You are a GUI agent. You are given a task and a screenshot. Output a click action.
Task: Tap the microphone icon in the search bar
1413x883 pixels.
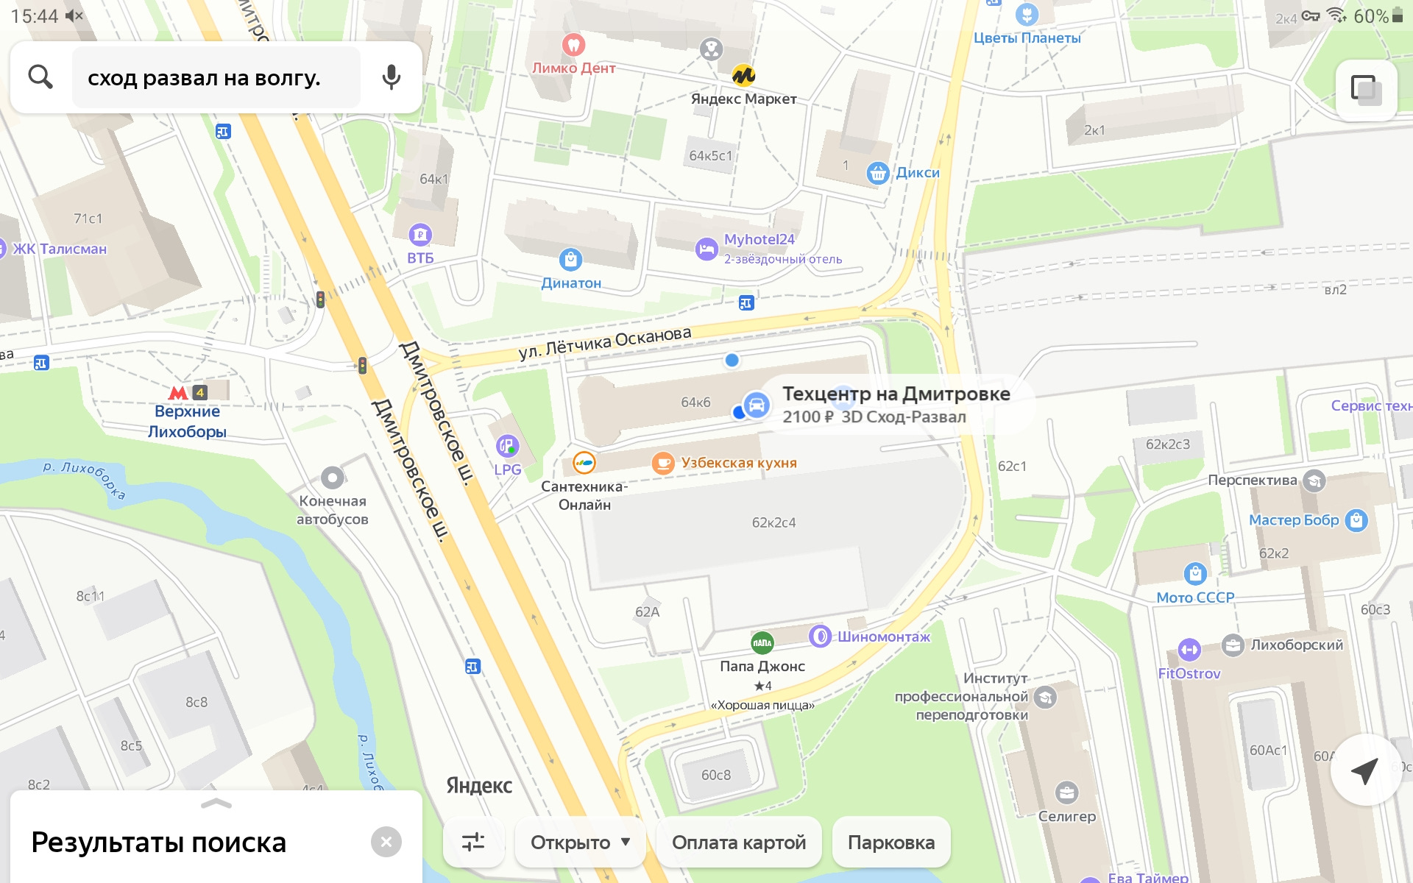(x=392, y=77)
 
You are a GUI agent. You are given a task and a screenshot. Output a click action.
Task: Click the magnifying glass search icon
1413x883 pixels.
(x=40, y=77)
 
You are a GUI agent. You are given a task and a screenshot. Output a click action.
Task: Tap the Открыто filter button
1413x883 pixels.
(x=580, y=843)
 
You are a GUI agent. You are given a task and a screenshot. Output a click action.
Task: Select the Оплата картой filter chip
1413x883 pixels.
(x=738, y=843)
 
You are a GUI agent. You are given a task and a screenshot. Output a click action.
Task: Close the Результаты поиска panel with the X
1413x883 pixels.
(x=386, y=842)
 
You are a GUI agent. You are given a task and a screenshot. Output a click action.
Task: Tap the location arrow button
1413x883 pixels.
(x=1365, y=770)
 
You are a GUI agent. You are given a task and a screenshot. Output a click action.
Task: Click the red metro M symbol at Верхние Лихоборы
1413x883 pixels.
(x=178, y=393)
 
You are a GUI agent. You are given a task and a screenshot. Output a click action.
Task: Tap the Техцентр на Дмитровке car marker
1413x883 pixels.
(x=756, y=405)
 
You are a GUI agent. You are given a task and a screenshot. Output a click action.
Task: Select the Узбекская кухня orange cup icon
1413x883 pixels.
(x=663, y=463)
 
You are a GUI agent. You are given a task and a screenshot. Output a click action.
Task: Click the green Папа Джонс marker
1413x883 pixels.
(x=762, y=642)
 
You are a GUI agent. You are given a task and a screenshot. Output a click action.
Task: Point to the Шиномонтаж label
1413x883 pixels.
(x=883, y=636)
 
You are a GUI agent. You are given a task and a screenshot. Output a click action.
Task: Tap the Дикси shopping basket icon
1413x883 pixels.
(x=877, y=173)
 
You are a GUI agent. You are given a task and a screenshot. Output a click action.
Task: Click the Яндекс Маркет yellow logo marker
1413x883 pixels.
(x=743, y=75)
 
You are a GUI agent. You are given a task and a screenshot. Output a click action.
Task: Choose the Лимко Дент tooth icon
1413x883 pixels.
(x=573, y=44)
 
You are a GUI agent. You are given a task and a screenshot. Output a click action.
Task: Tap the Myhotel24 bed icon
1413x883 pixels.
(x=706, y=249)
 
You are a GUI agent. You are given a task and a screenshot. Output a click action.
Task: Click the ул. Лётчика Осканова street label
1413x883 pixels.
(x=605, y=343)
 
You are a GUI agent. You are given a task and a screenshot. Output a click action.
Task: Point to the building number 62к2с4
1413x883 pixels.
(x=773, y=522)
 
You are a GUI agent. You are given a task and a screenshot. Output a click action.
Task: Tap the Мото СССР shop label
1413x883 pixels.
(x=1194, y=597)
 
